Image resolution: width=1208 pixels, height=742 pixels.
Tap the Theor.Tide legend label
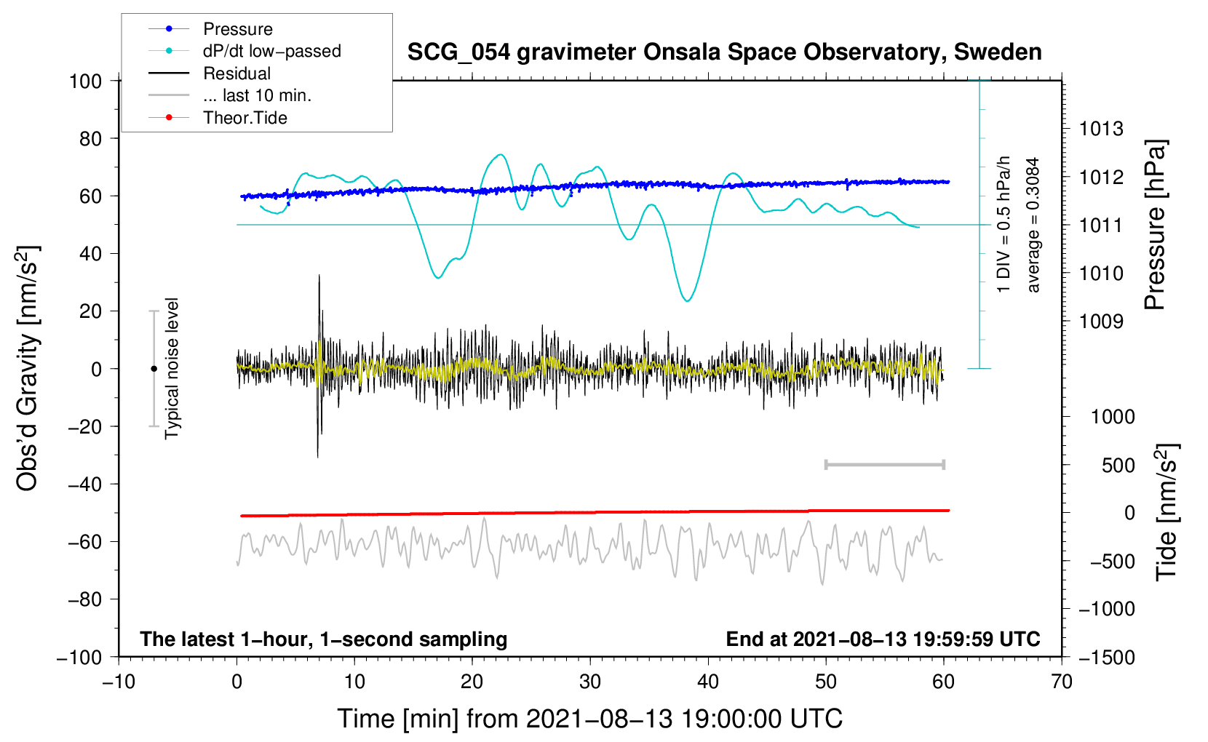(245, 118)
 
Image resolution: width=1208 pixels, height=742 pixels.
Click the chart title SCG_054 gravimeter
(724, 52)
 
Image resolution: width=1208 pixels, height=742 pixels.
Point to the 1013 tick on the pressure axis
(1101, 129)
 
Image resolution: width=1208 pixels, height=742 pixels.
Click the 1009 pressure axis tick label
(1101, 322)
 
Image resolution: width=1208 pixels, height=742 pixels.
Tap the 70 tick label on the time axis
(1062, 682)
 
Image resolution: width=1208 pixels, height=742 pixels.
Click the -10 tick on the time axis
(119, 682)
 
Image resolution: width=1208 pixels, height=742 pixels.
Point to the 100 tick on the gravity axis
(85, 81)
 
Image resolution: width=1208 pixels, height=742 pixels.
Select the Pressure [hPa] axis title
(1155, 225)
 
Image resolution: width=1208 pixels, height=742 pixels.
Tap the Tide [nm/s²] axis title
(1167, 513)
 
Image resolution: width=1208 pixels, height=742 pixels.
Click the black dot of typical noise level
(154, 369)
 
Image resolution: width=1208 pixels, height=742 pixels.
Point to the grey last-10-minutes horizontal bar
(884, 465)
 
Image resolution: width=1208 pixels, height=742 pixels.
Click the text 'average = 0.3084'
(1033, 225)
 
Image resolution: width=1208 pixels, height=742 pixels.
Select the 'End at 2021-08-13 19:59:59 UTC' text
(883, 639)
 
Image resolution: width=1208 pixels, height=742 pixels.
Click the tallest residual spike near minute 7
(319, 276)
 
